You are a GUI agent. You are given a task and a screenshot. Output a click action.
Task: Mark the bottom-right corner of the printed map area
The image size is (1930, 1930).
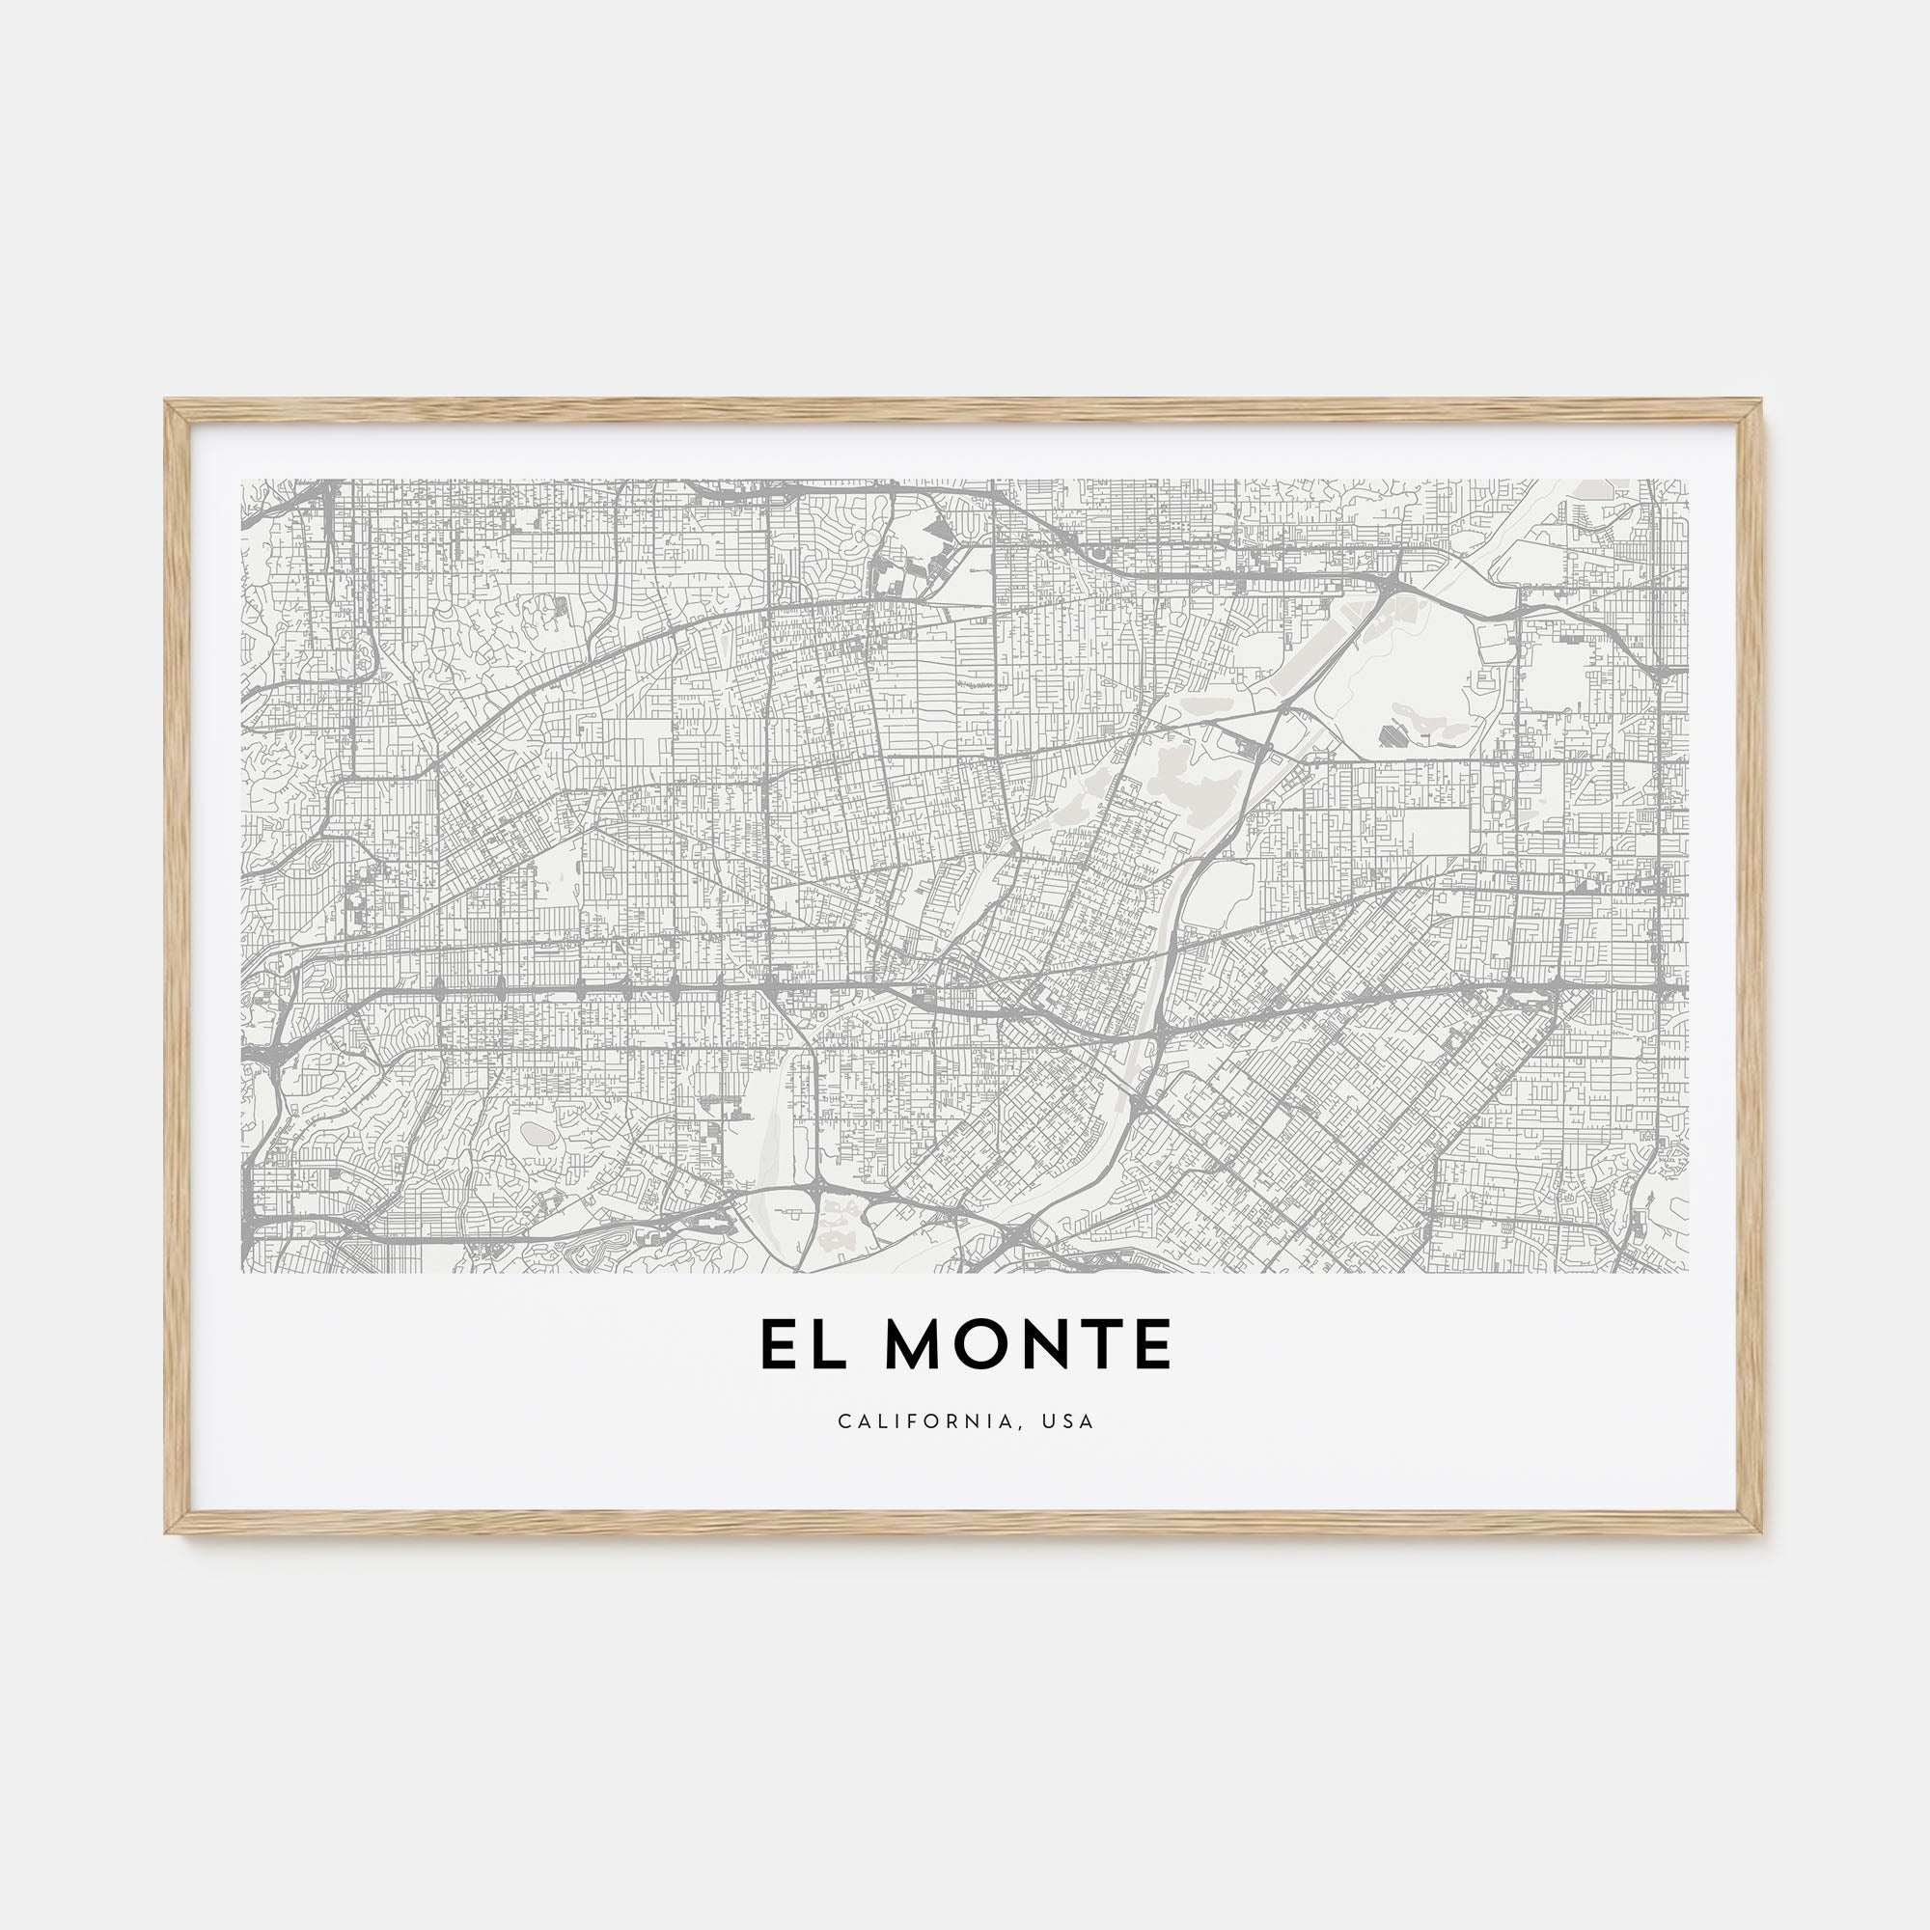tap(1688, 1272)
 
